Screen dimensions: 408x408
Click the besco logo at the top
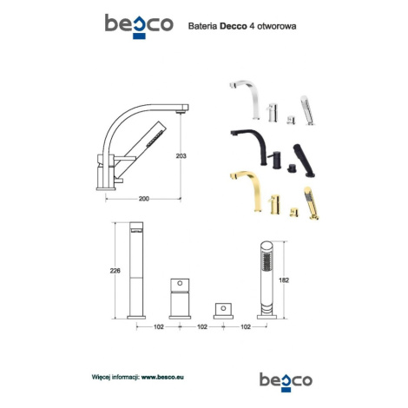139,26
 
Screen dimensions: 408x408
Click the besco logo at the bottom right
286,382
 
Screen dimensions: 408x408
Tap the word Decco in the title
234,26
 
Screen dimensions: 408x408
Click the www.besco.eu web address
162,377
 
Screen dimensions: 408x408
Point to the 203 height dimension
181,156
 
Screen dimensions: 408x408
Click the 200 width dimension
144,199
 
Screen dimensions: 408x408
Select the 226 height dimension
115,271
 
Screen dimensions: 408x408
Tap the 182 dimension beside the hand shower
284,280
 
